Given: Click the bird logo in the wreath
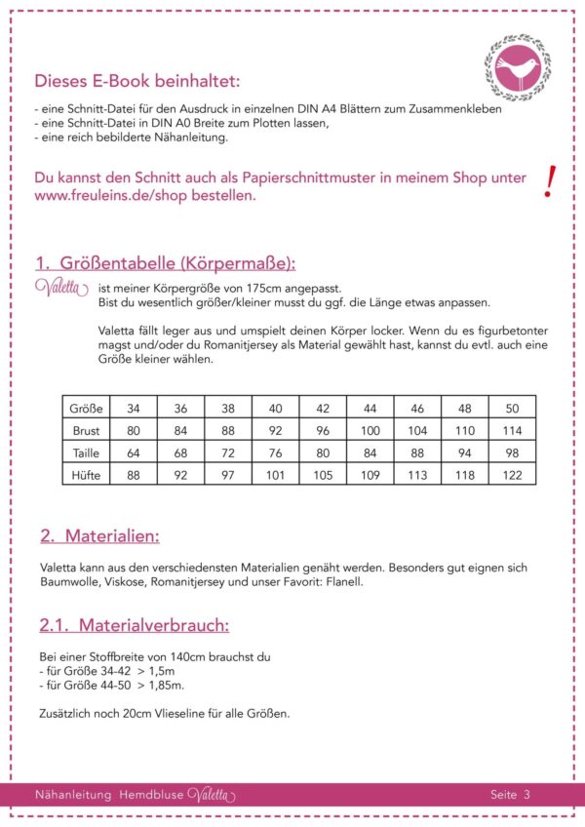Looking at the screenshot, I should pyautogui.click(x=517, y=68).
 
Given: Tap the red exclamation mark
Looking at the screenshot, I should pyautogui.click(x=551, y=181).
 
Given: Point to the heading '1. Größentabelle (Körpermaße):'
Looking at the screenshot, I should pyautogui.click(x=165, y=264).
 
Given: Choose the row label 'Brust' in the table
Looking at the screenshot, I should pyautogui.click(x=87, y=430).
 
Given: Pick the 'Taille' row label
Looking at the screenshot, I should pyautogui.click(x=87, y=453).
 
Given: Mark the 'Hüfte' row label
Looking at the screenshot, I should pyautogui.click(x=87, y=475).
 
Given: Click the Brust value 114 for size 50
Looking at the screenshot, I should pyautogui.click(x=512, y=430).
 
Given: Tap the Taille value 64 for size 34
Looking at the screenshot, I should pyautogui.click(x=133, y=453).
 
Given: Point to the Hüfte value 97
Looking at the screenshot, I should pyautogui.click(x=227, y=475).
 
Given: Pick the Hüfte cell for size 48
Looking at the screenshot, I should pyautogui.click(x=464, y=475).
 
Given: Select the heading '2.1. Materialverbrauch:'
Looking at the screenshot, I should pyautogui.click(x=134, y=625).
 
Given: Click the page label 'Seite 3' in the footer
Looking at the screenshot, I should pyautogui.click(x=510, y=795).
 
